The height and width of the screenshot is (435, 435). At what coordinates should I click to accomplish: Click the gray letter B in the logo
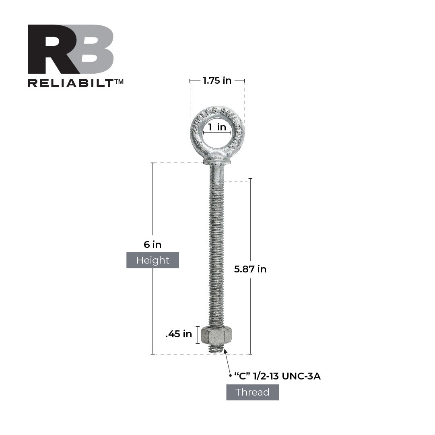coord(93,49)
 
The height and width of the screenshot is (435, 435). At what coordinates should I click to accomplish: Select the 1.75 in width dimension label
coord(217,80)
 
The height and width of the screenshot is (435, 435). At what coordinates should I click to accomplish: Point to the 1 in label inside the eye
coord(217,128)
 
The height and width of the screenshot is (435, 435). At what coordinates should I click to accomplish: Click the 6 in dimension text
coord(153,244)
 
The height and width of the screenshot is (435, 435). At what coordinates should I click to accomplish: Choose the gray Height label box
coord(153,260)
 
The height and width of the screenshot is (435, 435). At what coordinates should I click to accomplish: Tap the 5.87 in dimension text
coord(250,269)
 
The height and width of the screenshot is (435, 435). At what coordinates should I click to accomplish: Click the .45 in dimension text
coord(179,334)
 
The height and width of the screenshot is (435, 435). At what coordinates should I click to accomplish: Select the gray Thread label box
coord(252,392)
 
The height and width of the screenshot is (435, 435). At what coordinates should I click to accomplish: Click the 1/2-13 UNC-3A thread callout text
coord(277,377)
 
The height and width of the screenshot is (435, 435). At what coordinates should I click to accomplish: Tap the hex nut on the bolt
coord(216,335)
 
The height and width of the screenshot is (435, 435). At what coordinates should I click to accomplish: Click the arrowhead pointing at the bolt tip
coord(225,352)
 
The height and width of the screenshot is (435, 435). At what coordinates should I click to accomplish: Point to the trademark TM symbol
coord(119,81)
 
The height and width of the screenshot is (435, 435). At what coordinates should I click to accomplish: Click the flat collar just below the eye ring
coord(217,161)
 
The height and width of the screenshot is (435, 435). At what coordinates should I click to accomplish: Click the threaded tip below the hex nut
coord(216,348)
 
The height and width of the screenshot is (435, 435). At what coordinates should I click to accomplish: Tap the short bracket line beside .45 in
coord(198,335)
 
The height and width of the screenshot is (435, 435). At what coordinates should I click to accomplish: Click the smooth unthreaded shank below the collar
coord(217,172)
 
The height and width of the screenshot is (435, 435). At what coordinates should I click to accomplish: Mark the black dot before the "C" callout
coord(231,376)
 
